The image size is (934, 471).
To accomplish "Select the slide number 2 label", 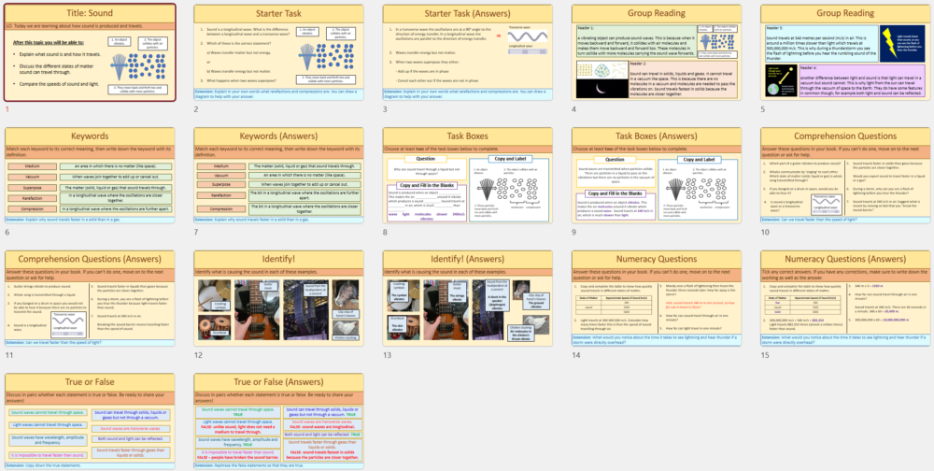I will (x=196, y=109).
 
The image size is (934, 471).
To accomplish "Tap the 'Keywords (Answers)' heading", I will (x=276, y=136).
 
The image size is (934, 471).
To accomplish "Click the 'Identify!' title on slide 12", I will (x=276, y=260).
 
